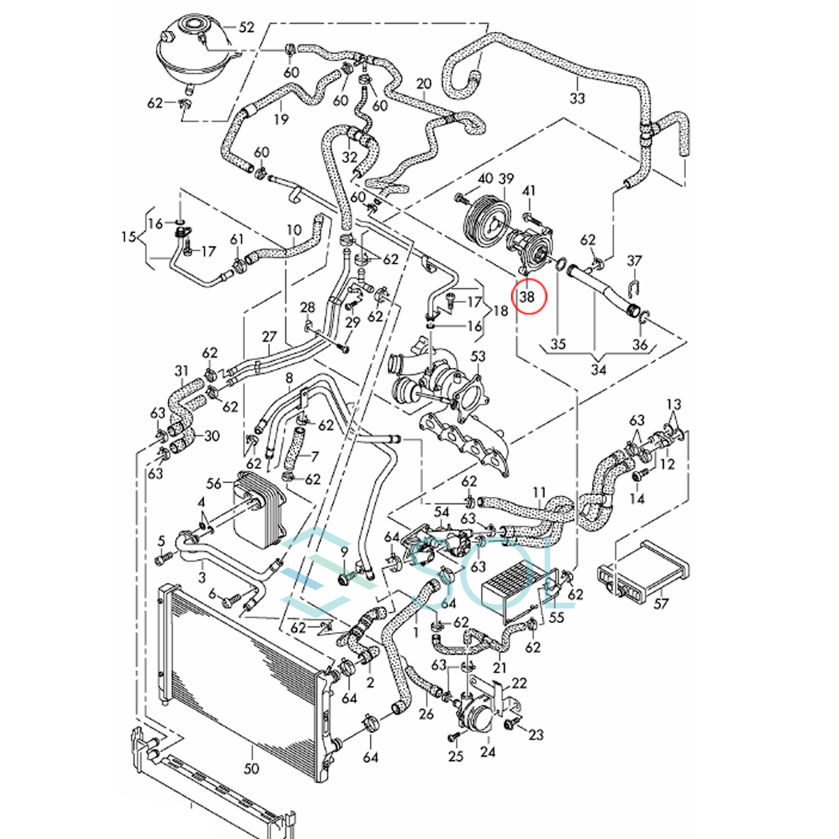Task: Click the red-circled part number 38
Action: (526, 296)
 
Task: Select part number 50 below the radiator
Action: (251, 768)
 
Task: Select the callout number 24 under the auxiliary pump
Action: (487, 752)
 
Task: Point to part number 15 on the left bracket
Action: (128, 236)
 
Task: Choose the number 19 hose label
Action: (280, 119)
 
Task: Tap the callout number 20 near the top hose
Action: (424, 84)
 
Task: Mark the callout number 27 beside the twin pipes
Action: (269, 336)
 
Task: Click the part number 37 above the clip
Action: (633, 261)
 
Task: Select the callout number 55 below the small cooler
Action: (556, 617)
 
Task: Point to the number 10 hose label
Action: (293, 229)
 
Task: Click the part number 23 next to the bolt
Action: (536, 735)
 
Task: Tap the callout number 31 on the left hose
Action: (182, 371)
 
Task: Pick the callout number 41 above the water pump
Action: (529, 191)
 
